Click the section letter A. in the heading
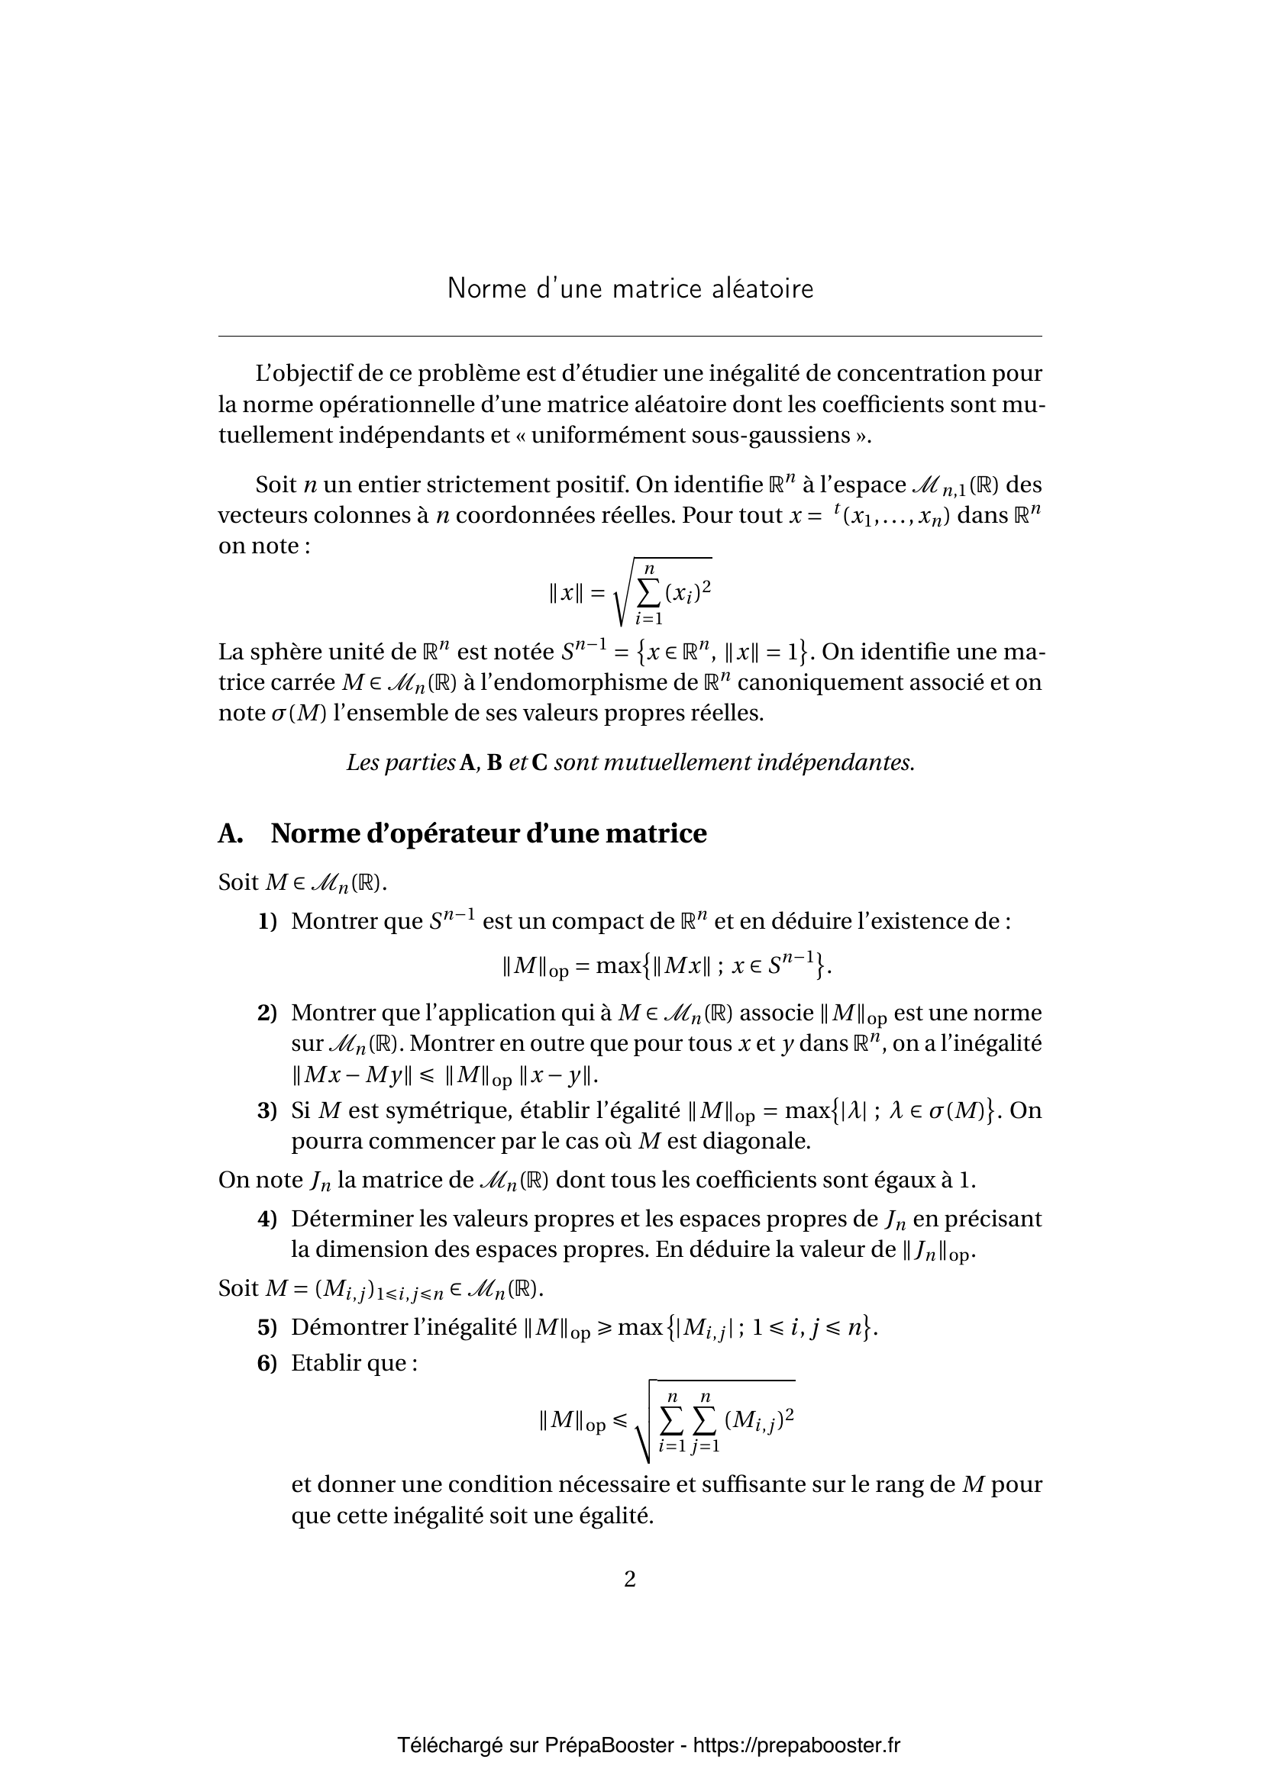(230, 833)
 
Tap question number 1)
(267, 922)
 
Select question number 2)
(267, 1013)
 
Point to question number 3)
(267, 1110)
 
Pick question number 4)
(267, 1219)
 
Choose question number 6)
(267, 1363)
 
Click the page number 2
(630, 1579)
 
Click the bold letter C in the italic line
(539, 762)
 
